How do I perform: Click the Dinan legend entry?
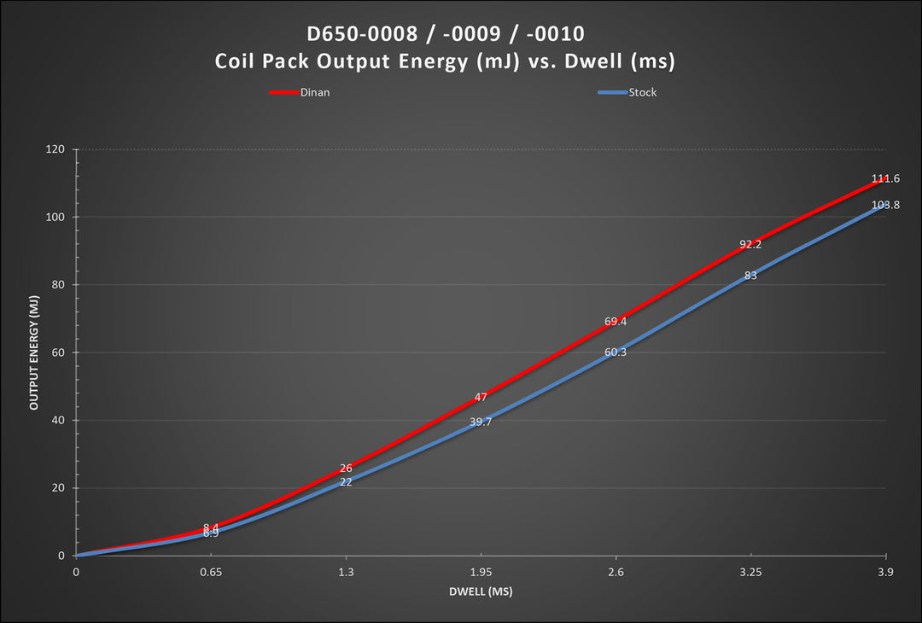[x=300, y=92]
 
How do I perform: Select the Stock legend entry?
[x=627, y=92]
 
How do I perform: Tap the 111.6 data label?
[x=885, y=178]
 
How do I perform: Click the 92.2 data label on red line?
[x=750, y=244]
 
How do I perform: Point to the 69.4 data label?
[x=616, y=322]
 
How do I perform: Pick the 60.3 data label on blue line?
[x=616, y=352]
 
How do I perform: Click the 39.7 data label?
[x=481, y=422]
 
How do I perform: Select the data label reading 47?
[x=481, y=398]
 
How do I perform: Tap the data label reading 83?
[x=750, y=275]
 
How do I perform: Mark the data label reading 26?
[x=346, y=469]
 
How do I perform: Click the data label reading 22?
[x=346, y=482]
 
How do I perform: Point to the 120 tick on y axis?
[x=55, y=149]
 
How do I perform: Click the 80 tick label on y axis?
[x=58, y=285]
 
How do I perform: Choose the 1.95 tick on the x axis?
[x=481, y=572]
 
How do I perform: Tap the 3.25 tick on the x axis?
[x=751, y=572]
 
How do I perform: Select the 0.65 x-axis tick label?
[x=211, y=572]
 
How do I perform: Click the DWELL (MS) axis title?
[x=481, y=591]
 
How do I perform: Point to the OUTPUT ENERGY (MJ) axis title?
[x=33, y=352]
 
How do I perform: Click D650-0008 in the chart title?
[x=362, y=33]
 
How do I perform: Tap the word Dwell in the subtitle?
[x=593, y=61]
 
